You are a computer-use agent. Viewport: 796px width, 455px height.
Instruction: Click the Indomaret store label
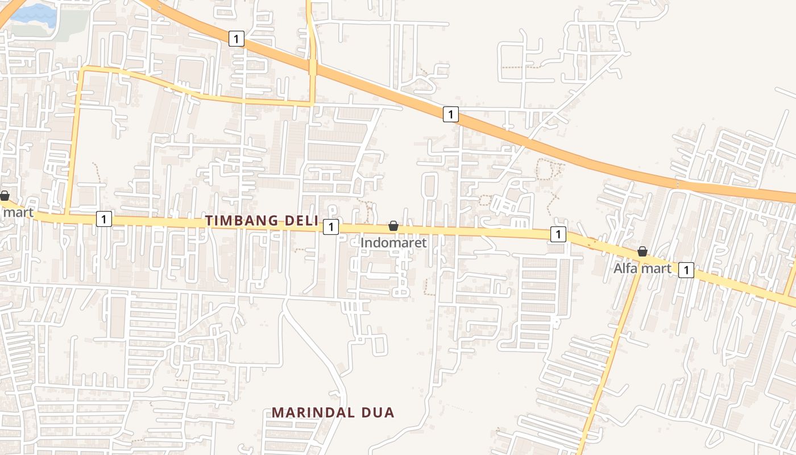(x=393, y=242)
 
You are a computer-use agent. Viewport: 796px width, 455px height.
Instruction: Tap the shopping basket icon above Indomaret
(x=393, y=226)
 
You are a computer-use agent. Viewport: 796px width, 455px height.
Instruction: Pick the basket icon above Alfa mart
(x=642, y=251)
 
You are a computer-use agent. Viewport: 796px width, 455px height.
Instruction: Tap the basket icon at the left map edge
(x=5, y=196)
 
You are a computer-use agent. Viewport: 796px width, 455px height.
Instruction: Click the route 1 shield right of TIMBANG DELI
(x=330, y=227)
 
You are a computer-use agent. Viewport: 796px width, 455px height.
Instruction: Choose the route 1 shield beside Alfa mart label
(x=686, y=270)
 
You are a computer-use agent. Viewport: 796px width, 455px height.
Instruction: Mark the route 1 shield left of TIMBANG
(x=103, y=218)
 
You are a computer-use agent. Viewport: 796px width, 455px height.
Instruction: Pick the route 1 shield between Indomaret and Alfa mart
(x=558, y=234)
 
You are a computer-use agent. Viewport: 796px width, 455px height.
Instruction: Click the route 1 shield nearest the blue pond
(x=236, y=39)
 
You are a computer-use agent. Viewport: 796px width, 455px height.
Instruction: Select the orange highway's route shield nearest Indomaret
(x=450, y=114)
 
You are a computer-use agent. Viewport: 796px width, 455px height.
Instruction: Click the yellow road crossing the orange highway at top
(x=312, y=67)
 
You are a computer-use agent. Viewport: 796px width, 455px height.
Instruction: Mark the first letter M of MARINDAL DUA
(x=277, y=412)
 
